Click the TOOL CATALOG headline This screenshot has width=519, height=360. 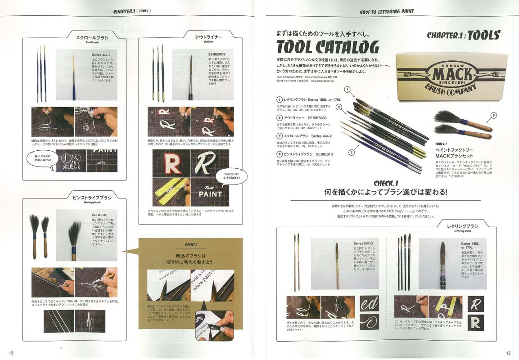327,47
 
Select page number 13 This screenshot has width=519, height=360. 11,353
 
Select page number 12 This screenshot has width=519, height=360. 508,353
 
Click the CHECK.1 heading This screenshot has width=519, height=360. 386,183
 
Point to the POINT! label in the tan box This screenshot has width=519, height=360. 190,245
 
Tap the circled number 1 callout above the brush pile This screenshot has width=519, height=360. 347,90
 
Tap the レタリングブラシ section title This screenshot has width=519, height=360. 462,226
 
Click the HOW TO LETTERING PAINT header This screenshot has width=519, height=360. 387,11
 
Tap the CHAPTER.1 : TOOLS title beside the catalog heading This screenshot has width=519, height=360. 463,36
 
